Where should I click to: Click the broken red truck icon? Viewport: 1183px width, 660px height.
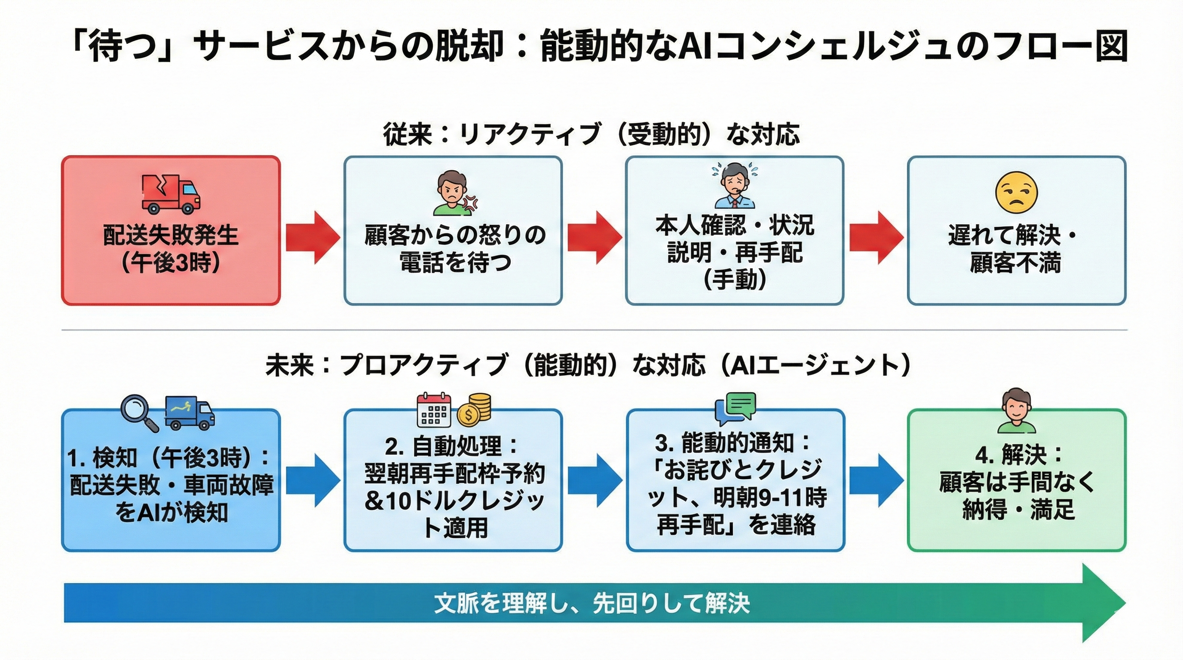[x=171, y=195]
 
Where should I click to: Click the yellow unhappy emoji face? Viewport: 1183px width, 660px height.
[x=1016, y=192]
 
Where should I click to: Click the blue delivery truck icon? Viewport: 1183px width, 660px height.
[x=189, y=412]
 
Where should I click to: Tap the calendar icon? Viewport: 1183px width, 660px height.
[x=433, y=410]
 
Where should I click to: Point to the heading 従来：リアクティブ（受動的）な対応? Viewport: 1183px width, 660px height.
[x=591, y=134]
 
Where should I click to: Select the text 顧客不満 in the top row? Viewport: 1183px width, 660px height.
[x=1016, y=263]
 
